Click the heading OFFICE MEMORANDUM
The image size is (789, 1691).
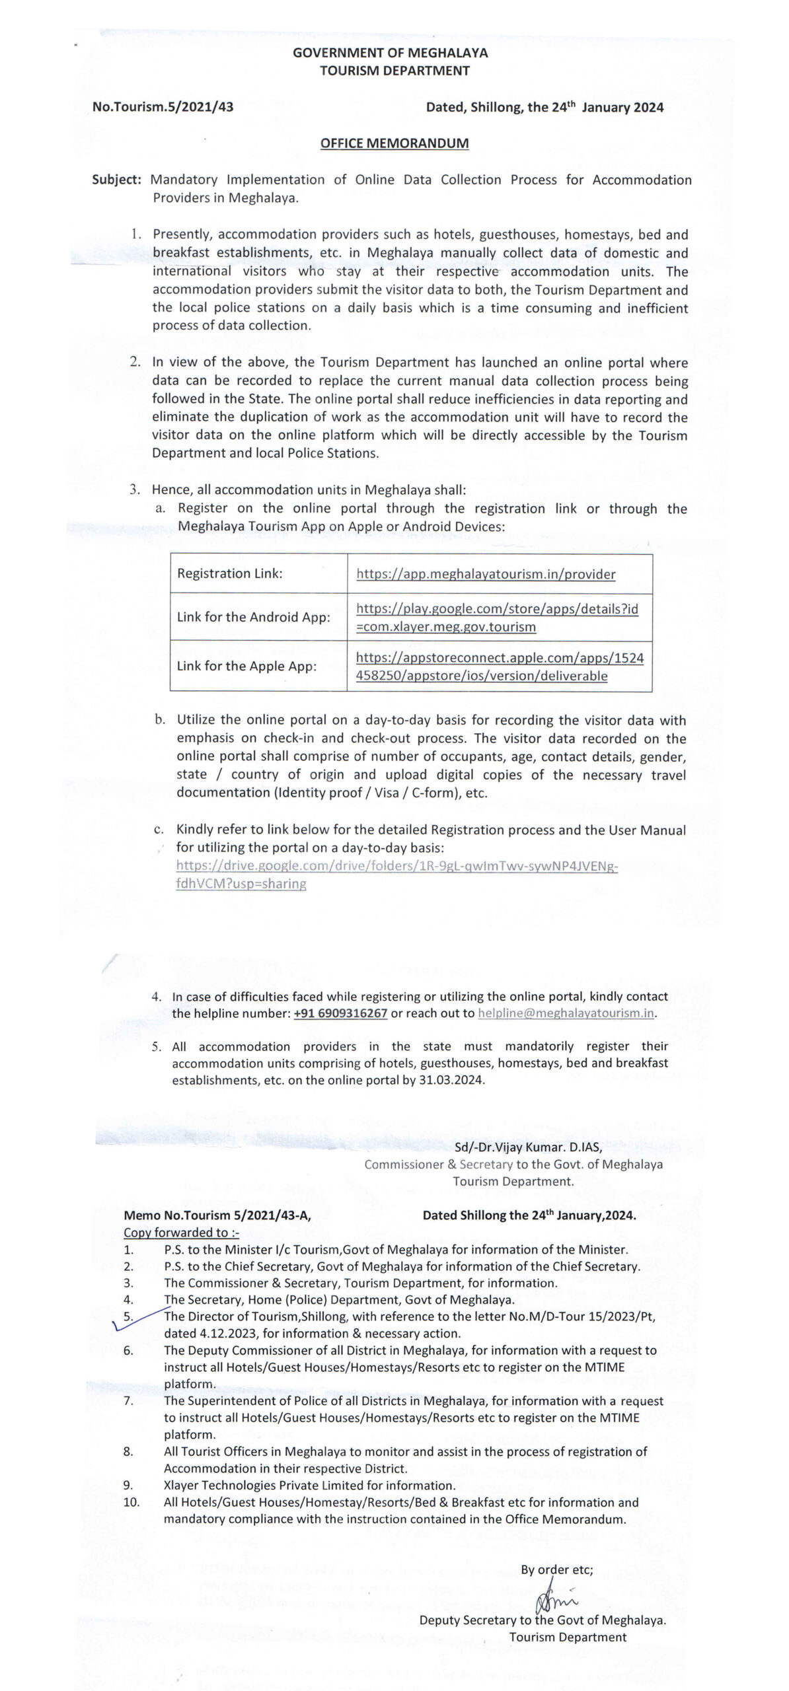click(394, 143)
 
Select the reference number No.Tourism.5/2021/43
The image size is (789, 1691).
click(163, 107)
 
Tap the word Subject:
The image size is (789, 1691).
click(116, 180)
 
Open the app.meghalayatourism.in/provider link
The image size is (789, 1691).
click(486, 574)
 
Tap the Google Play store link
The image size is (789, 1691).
click(497, 618)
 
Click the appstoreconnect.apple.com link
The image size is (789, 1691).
click(499, 666)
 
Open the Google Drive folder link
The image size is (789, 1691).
click(396, 875)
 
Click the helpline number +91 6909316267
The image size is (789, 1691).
click(340, 1013)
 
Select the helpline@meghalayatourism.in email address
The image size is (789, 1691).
click(566, 1013)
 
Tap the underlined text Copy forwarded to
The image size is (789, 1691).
click(180, 1233)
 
